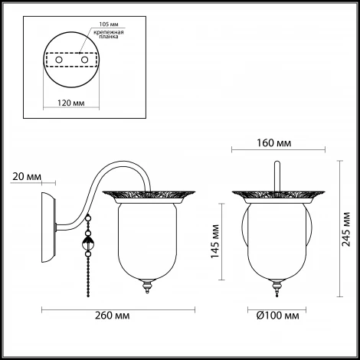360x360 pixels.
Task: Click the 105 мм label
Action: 109,25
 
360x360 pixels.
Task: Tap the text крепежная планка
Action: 109,34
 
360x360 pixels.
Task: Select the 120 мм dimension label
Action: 70,103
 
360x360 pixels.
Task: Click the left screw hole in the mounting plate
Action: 59,60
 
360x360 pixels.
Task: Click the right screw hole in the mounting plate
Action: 84,60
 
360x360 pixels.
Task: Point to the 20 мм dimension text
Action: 27,177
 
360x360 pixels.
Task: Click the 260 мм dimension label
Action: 112,316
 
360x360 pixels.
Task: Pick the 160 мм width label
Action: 273,143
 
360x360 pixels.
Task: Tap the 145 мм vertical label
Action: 215,241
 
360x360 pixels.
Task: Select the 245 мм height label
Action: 346,229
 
